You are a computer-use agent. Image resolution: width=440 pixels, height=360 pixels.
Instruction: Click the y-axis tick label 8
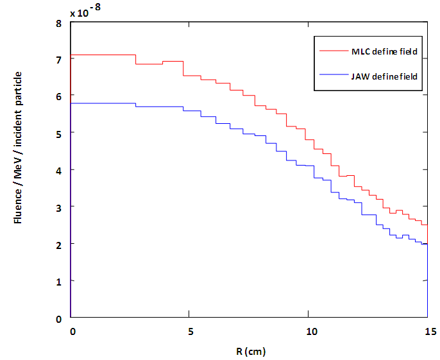(x=59, y=22)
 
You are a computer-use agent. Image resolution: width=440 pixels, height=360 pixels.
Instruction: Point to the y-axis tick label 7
(x=59, y=60)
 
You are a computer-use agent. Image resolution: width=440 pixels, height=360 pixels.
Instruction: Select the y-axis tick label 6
(x=59, y=96)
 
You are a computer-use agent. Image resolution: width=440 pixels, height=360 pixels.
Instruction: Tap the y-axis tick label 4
(x=59, y=170)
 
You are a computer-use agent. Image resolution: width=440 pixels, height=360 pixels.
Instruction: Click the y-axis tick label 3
(x=59, y=207)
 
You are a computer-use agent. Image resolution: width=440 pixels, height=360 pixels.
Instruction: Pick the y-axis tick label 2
(x=59, y=244)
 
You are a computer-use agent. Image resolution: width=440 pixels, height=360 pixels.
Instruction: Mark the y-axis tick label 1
(x=59, y=281)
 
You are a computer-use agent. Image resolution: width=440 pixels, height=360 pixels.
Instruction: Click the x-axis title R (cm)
(x=248, y=351)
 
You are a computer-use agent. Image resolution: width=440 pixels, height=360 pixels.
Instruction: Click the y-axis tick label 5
(x=59, y=133)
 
